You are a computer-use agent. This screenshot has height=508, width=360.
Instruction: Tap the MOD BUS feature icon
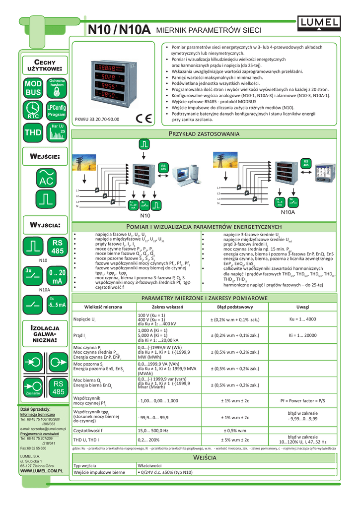click(34, 88)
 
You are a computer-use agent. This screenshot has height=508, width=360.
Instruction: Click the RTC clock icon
click(34, 110)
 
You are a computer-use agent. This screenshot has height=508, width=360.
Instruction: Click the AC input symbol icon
click(45, 178)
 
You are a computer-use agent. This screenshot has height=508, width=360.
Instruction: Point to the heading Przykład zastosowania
click(205, 134)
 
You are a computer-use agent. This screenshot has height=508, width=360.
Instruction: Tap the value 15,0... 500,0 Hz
click(152, 431)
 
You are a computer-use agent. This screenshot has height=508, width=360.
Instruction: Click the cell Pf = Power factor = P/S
click(302, 400)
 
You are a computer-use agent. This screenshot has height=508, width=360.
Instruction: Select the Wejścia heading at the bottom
click(205, 456)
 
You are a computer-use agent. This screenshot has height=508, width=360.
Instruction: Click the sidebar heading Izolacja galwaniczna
click(45, 335)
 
